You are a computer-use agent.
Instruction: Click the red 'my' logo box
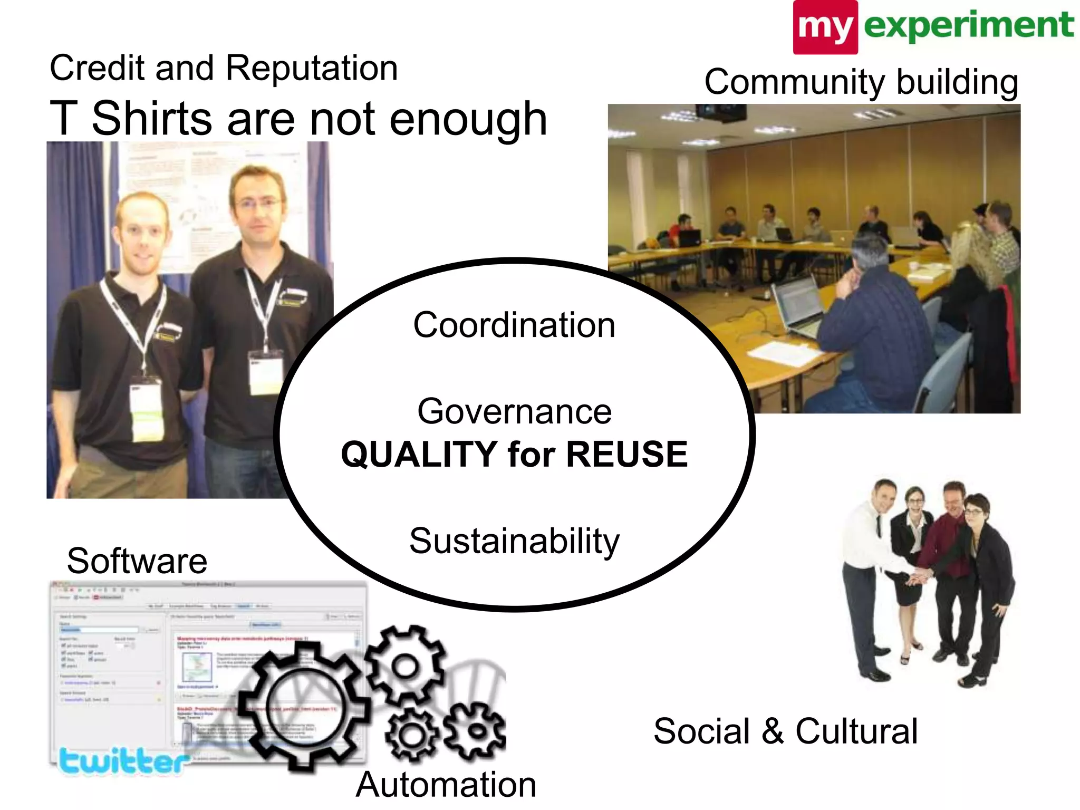click(x=825, y=27)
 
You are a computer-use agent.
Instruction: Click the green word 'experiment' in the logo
click(x=968, y=25)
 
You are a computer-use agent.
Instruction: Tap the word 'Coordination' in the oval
click(x=514, y=325)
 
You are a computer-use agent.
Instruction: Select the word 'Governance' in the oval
click(x=514, y=411)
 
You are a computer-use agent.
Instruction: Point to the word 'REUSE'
click(x=626, y=455)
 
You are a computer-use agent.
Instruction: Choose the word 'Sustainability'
click(x=514, y=541)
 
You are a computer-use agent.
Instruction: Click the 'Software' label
click(x=137, y=561)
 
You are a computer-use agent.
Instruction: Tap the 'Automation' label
click(x=446, y=784)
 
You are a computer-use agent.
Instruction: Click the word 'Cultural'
click(x=856, y=731)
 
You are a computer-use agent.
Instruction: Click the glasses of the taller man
click(x=257, y=204)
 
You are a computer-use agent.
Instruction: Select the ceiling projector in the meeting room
click(x=720, y=112)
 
